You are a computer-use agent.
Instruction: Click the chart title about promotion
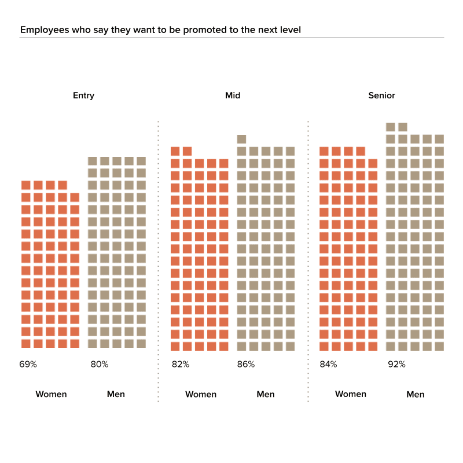coord(160,30)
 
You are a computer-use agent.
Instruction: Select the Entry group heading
coord(83,95)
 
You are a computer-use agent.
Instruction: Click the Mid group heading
coord(233,95)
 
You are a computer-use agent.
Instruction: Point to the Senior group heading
coord(381,95)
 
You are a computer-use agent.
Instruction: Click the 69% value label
coord(29,365)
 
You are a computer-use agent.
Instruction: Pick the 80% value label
coord(99,365)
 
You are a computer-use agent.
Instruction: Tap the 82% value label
coord(180,365)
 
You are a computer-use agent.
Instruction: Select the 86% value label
coord(246,365)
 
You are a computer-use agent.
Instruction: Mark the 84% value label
coord(328,365)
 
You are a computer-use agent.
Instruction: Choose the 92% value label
coord(396,365)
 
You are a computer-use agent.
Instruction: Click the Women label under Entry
coord(51,394)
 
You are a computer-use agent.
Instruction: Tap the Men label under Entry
coord(116,394)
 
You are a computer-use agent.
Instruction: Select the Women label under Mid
coord(201,394)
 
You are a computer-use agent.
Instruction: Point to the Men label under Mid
coord(266,394)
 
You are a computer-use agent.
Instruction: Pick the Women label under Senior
coord(350,394)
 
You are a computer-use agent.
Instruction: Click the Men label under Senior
coord(416,394)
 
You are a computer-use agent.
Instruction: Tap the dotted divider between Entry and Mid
coord(158,260)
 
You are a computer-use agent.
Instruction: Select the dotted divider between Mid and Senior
coord(308,260)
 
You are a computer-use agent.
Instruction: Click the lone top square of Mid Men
coord(242,139)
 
